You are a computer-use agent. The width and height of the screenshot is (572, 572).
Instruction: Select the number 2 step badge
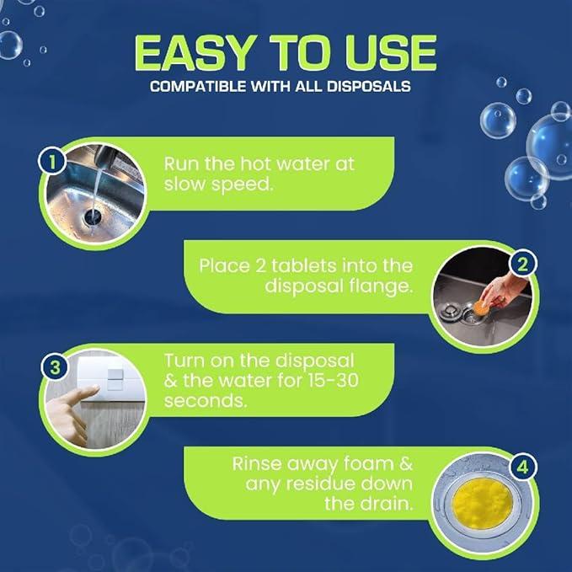522,264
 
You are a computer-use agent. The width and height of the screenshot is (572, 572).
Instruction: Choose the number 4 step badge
522,465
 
